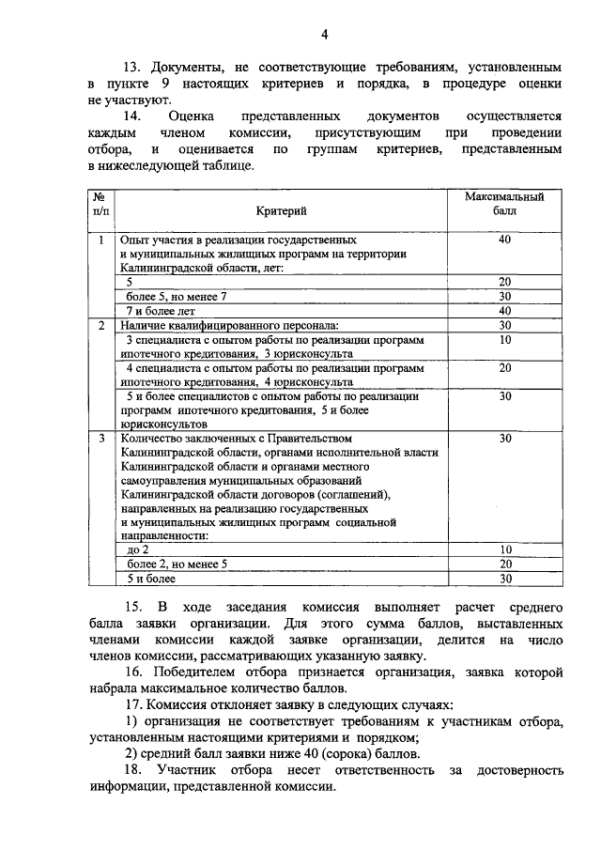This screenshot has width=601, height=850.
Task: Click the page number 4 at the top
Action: point(323,35)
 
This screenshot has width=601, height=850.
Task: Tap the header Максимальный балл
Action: point(504,205)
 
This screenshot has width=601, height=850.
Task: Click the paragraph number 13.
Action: point(136,68)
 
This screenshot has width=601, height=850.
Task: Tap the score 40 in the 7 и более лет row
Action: point(504,310)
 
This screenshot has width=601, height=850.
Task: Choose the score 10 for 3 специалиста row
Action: point(504,339)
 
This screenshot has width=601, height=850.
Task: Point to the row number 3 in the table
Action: point(100,438)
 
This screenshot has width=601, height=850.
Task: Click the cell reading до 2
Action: point(138,549)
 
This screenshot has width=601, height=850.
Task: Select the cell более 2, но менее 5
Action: point(177,564)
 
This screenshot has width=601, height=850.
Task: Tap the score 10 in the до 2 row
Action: point(504,549)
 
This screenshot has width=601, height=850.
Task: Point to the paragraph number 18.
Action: point(136,769)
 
